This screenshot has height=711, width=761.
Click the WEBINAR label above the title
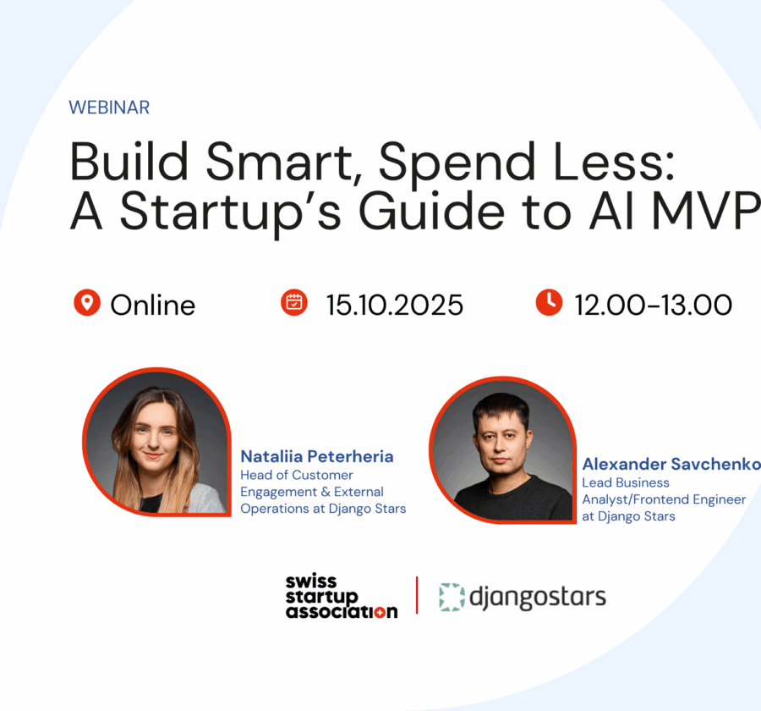[x=109, y=107]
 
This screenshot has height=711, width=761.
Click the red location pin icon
[x=87, y=302]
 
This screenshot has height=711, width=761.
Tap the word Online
[x=153, y=305]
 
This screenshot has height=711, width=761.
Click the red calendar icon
[x=294, y=302]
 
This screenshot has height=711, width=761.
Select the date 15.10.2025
[x=395, y=305]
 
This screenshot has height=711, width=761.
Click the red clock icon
[x=550, y=302]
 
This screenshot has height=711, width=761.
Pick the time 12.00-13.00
[x=654, y=305]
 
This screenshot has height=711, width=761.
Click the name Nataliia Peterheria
[x=317, y=456]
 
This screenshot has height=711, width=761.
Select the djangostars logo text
[x=537, y=597]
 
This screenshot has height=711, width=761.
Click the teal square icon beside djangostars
[x=452, y=597]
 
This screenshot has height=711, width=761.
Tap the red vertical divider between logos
[x=417, y=596]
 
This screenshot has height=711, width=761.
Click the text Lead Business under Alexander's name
[x=626, y=482]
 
